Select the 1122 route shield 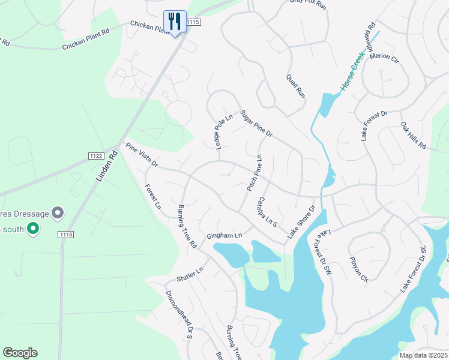[95, 156]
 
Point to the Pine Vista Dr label [141, 155]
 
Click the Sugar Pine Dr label [256, 124]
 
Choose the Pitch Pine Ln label [255, 173]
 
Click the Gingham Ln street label [224, 236]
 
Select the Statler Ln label [190, 274]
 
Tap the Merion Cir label [384, 58]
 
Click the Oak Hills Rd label [413, 136]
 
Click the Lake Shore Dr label [301, 223]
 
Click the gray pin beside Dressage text [58, 212]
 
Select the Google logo [20, 353]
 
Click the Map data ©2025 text [423, 355]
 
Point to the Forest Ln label [152, 197]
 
